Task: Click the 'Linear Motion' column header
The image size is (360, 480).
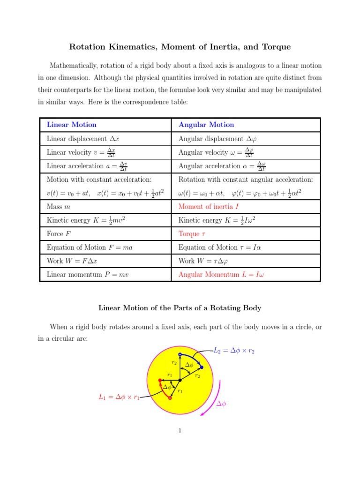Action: tap(71, 125)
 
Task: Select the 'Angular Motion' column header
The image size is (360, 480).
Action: tap(206, 125)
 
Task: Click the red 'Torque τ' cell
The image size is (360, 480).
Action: tap(193, 233)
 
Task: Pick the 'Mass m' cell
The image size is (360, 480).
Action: tap(59, 206)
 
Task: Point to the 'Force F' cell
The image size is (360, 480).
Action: tap(59, 233)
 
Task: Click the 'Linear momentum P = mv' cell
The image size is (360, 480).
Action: tap(88, 275)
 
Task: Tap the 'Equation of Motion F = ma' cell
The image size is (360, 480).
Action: tap(90, 247)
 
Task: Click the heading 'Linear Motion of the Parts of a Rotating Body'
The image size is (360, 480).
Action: tap(180, 308)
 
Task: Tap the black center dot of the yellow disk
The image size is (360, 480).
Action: tap(180, 380)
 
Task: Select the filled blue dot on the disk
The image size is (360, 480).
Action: tap(202, 367)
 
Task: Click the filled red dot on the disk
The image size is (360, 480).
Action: tap(160, 380)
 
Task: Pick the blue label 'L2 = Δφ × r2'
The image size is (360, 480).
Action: tap(234, 351)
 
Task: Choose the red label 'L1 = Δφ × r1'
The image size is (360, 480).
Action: tap(119, 397)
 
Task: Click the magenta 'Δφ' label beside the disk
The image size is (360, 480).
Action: tap(220, 404)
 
